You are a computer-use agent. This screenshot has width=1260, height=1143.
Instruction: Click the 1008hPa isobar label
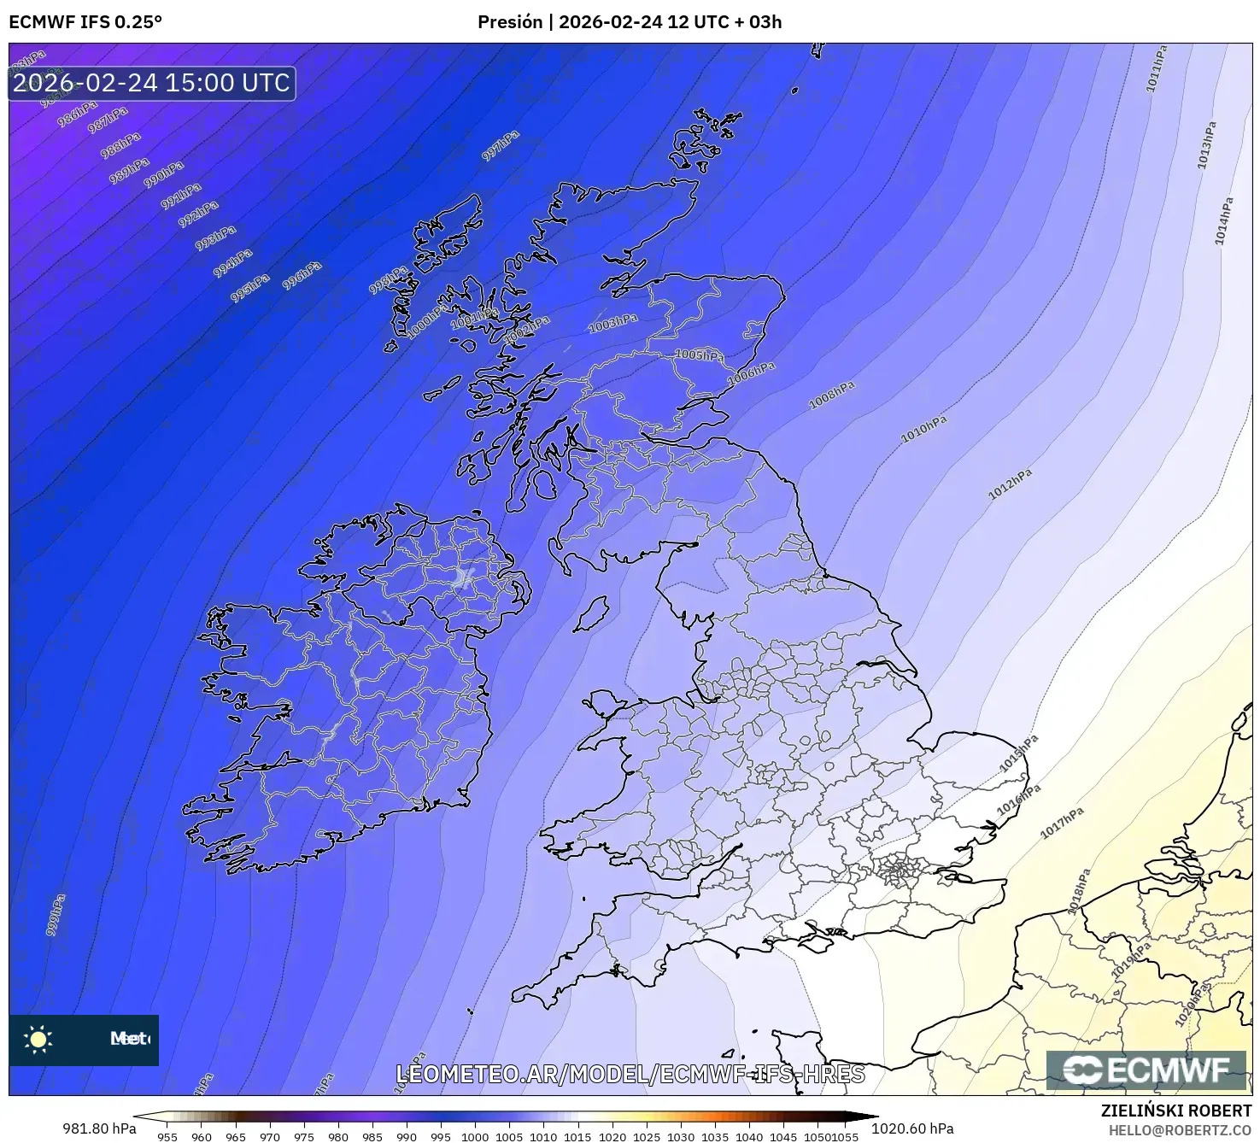pyautogui.click(x=831, y=396)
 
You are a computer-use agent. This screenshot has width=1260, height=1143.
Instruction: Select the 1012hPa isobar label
pyautogui.click(x=1010, y=484)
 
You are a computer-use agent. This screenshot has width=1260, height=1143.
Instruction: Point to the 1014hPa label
pyautogui.click(x=1224, y=221)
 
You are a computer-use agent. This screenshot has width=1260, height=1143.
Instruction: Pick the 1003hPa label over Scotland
pyautogui.click(x=613, y=323)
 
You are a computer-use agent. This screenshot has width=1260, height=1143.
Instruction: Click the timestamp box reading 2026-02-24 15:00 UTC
pyautogui.click(x=152, y=83)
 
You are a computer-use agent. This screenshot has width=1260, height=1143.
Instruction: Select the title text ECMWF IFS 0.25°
pyautogui.click(x=85, y=22)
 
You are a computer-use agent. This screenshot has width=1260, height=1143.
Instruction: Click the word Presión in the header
pyautogui.click(x=510, y=22)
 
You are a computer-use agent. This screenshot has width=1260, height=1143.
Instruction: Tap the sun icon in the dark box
pyautogui.click(x=38, y=1039)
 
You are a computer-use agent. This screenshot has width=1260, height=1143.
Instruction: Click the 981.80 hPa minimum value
pyautogui.click(x=99, y=1128)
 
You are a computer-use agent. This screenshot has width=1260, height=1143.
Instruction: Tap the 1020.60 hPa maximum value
pyautogui.click(x=912, y=1128)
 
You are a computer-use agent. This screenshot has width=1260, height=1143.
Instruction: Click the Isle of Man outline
pyautogui.click(x=590, y=613)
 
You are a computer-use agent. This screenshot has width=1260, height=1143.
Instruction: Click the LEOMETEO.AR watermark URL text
pyautogui.click(x=630, y=1074)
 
